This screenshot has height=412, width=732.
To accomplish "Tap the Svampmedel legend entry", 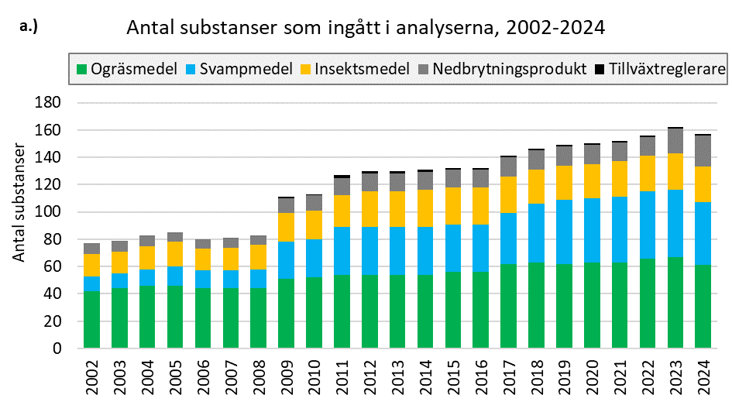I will pyautogui.click(x=237, y=69).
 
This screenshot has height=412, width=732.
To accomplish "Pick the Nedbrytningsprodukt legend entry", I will pyautogui.click(x=501, y=69).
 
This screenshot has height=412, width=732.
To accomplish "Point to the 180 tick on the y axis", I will pyautogui.click(x=50, y=102).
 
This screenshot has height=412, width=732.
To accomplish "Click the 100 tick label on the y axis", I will pyautogui.click(x=50, y=211).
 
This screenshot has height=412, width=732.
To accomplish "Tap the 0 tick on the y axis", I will pyautogui.click(x=57, y=348).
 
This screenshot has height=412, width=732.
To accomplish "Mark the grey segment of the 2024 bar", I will pyautogui.click(x=703, y=151).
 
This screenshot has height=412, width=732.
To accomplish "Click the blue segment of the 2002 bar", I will pyautogui.click(x=92, y=283).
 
